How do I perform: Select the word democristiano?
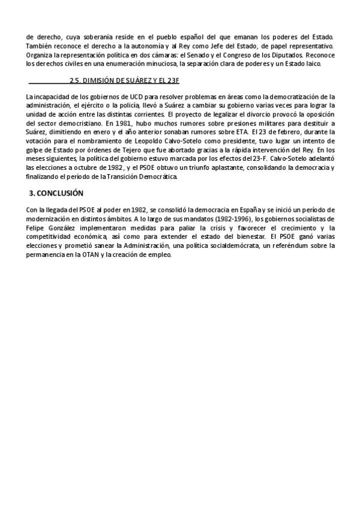coord(74,122)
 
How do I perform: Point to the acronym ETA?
coord(232,130)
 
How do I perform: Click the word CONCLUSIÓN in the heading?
coord(60,193)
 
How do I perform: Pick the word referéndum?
coord(293,245)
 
